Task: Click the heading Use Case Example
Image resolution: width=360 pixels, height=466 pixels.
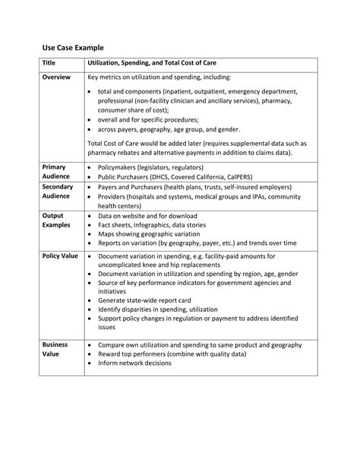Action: tap(73, 46)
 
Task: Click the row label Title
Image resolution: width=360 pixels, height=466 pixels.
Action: tap(49, 63)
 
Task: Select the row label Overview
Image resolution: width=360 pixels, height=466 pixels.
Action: tap(57, 78)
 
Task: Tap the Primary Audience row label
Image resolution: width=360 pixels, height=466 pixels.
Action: tap(55, 171)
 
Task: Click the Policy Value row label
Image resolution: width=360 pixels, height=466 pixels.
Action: tap(60, 256)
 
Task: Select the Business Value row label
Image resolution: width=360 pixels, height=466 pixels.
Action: tap(55, 349)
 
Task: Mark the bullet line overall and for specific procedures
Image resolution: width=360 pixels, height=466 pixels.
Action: tap(149, 119)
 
